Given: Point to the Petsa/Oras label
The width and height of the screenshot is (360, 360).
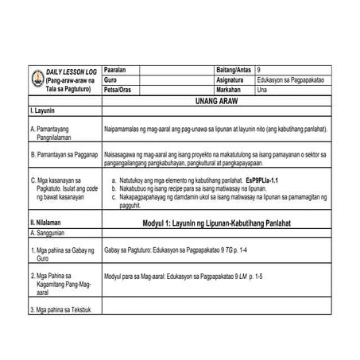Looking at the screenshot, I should tap(118, 90).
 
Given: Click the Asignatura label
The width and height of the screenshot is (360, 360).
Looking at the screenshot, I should tap(229, 80).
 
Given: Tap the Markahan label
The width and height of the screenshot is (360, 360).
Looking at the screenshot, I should tap(228, 90).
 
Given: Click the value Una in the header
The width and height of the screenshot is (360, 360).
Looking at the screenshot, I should tap(263, 90).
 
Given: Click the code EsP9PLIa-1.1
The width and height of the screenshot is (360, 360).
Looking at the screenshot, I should tap(267, 181).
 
